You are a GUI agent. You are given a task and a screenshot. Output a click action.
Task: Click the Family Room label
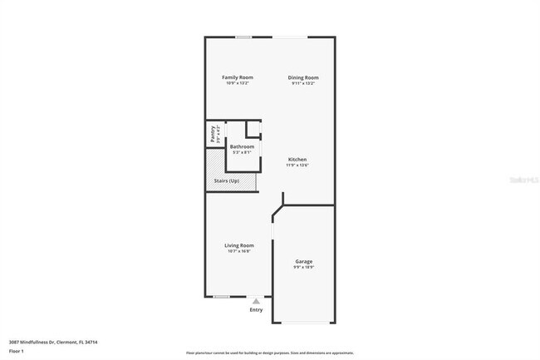tap(238, 77)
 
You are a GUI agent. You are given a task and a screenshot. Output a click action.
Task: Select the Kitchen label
tap(297, 159)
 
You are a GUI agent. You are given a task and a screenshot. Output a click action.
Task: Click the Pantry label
tap(213, 135)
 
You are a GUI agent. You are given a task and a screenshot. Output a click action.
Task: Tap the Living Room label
tap(238, 245)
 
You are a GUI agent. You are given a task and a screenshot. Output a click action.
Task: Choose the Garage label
tap(303, 261)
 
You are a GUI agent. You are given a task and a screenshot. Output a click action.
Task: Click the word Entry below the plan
tap(256, 310)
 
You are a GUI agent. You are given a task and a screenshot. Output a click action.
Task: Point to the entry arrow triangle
tap(256, 301)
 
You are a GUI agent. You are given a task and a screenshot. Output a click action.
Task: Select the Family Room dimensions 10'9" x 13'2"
tap(238, 83)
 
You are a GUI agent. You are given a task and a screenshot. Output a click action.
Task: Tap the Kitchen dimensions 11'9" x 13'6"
tap(297, 165)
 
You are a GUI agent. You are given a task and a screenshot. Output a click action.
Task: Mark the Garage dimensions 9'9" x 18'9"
tap(303, 268)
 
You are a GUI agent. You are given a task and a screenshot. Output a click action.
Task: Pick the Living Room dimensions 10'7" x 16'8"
tap(238, 251)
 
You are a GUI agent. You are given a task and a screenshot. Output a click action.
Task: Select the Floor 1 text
tap(17, 352)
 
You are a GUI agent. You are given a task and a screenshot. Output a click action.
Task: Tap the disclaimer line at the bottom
tap(270, 353)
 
